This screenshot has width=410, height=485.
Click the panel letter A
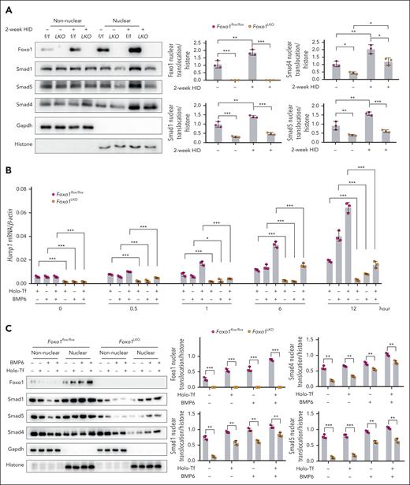tap(6, 6)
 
